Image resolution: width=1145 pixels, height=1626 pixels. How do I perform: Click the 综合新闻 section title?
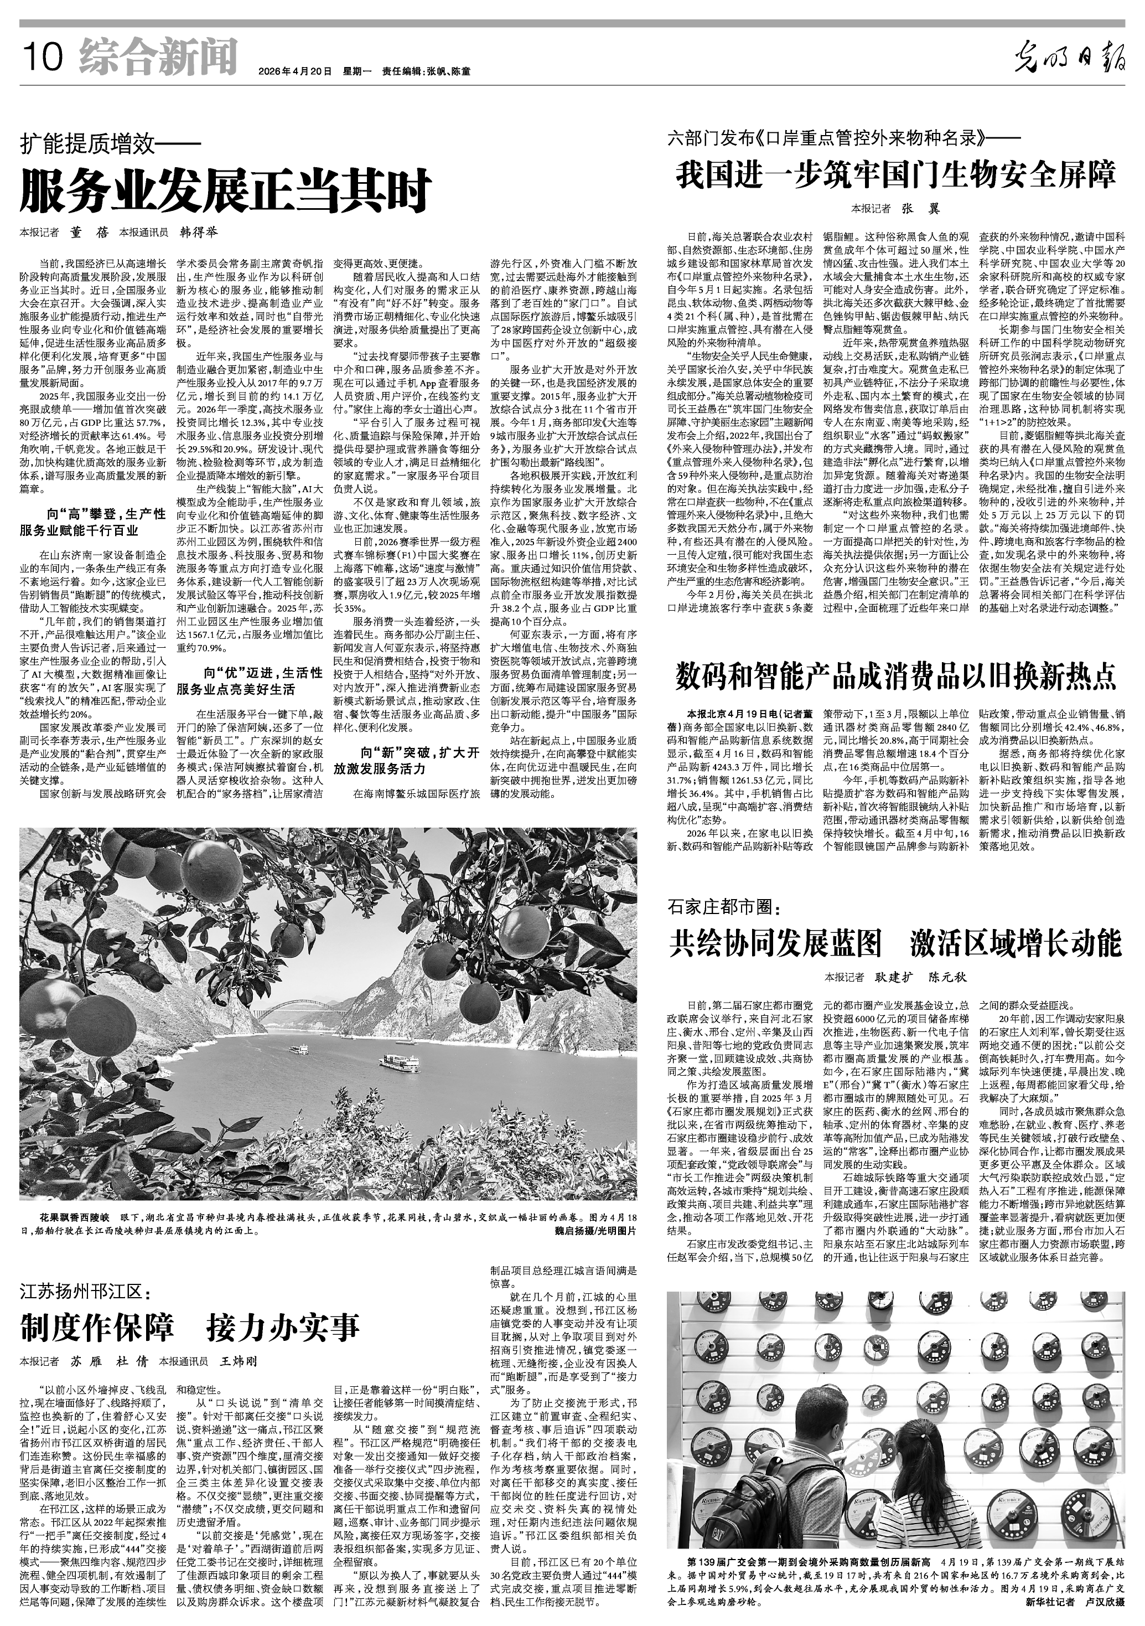click(x=158, y=56)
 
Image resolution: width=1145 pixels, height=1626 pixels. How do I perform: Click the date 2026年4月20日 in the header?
click(x=296, y=71)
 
